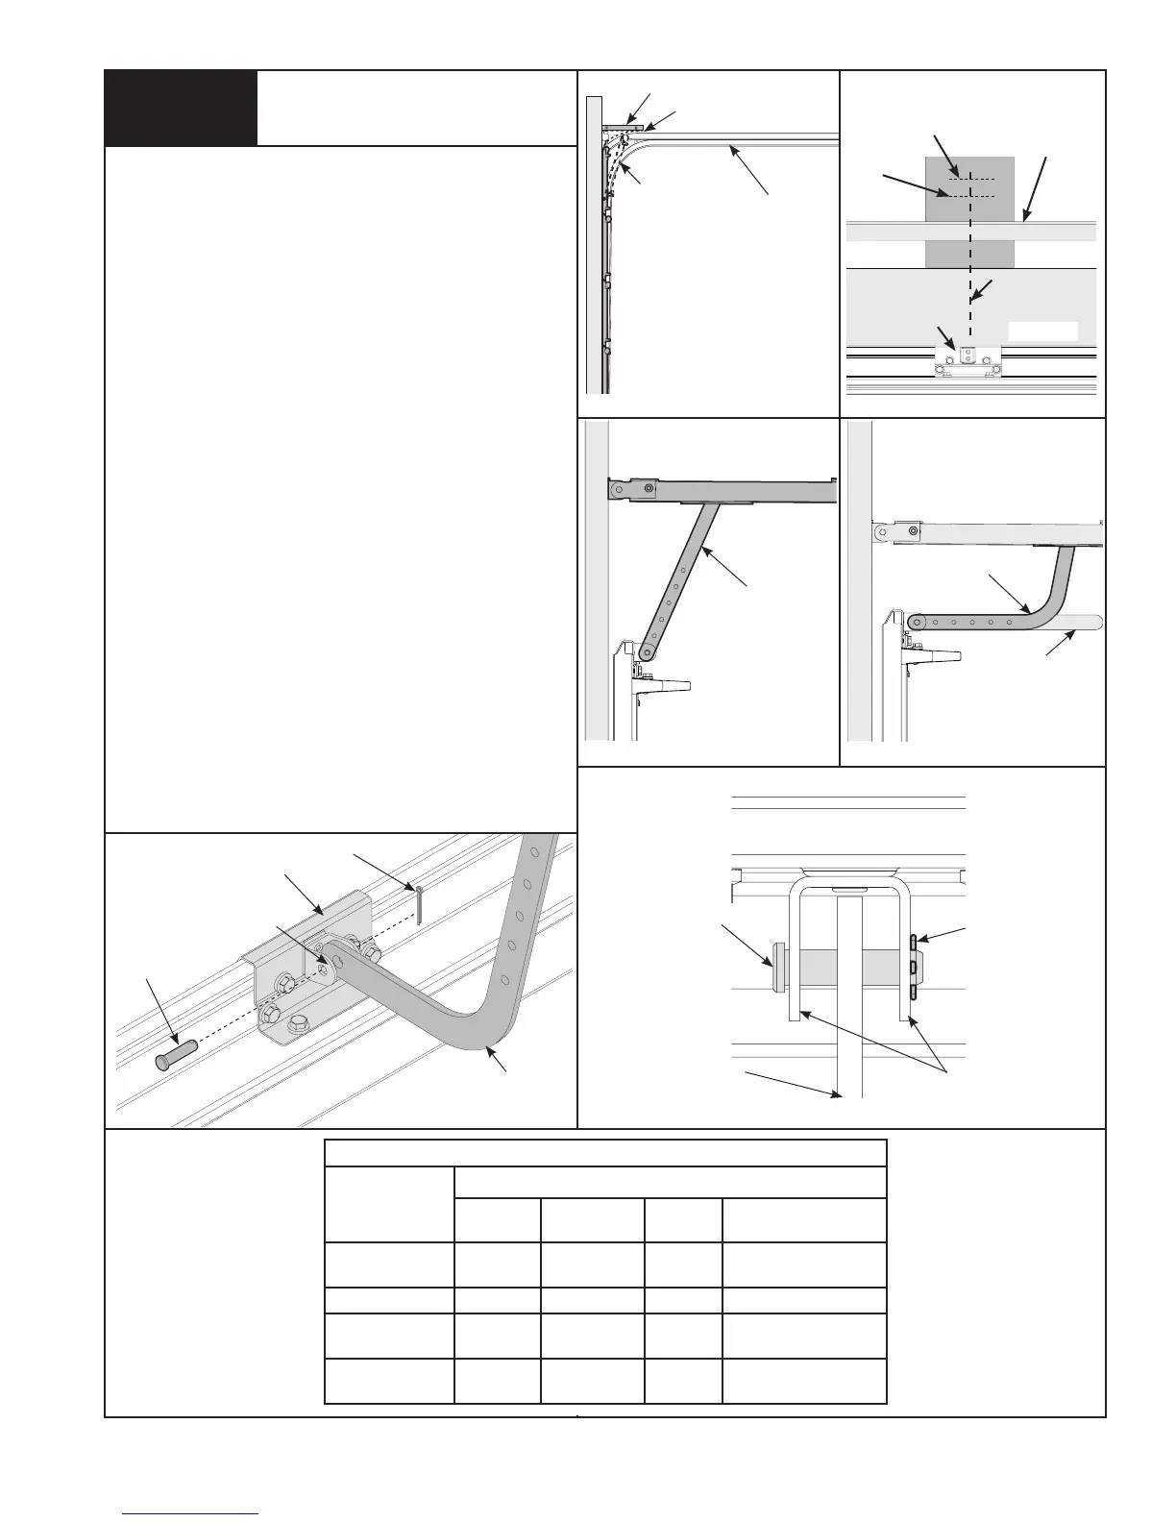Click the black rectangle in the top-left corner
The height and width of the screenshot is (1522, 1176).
pyautogui.click(x=181, y=108)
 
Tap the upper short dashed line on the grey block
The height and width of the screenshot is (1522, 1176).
pyautogui.click(x=969, y=179)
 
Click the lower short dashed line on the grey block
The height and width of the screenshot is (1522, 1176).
pyautogui.click(x=969, y=196)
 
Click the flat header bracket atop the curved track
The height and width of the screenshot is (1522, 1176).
pyautogui.click(x=623, y=126)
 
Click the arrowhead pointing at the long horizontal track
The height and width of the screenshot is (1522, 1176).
pyautogui.click(x=730, y=148)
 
